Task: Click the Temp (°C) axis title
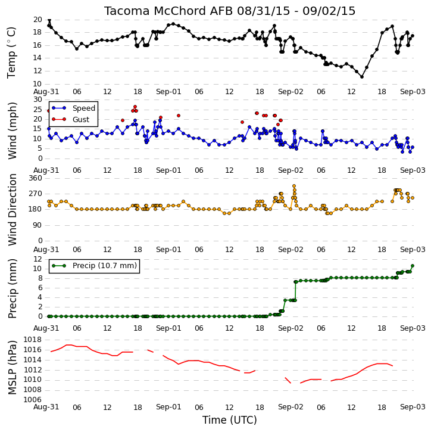click(x=11, y=52)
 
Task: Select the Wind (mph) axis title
click(x=12, y=130)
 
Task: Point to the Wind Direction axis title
click(x=12, y=210)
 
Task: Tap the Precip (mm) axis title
click(x=12, y=288)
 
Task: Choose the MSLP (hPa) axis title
click(x=12, y=368)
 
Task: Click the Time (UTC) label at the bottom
click(x=230, y=420)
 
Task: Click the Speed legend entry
click(x=84, y=108)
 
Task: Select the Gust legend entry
click(x=81, y=119)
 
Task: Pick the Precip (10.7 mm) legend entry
click(x=105, y=266)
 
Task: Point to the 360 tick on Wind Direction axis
click(x=36, y=178)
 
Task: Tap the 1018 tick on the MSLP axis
click(x=33, y=340)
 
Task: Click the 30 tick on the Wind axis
click(x=38, y=100)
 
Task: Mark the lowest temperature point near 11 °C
click(x=362, y=77)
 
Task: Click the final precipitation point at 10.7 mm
click(x=413, y=266)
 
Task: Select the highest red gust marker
click(x=135, y=107)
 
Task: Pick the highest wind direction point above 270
click(x=294, y=186)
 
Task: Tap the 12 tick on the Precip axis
click(x=38, y=259)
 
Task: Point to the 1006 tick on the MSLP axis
click(x=33, y=400)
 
